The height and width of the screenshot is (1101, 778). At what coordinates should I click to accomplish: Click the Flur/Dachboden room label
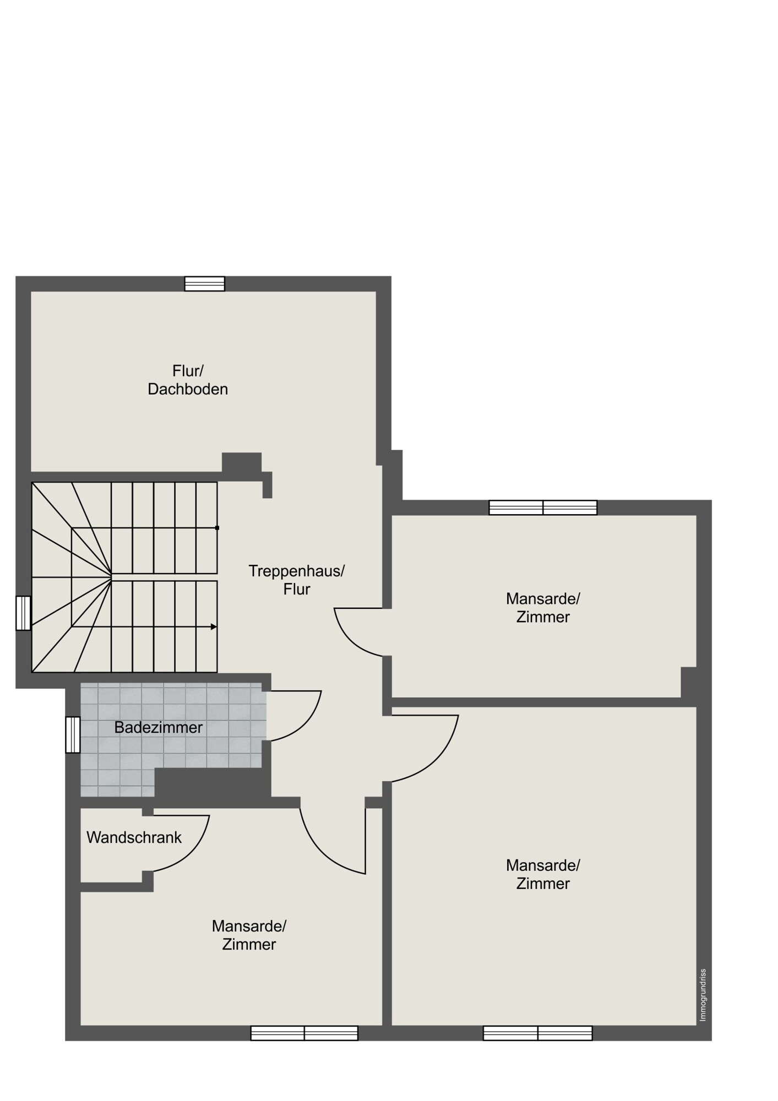pos(188,380)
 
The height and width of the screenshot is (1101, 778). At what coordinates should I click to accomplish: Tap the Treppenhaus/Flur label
pos(297,580)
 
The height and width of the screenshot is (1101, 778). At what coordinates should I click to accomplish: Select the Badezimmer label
pos(159,727)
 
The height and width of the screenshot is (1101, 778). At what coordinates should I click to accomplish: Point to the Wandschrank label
pos(134,837)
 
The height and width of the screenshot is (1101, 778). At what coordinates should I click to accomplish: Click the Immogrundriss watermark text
pos(703,995)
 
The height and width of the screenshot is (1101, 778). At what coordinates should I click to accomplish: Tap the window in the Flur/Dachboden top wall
pos(205,284)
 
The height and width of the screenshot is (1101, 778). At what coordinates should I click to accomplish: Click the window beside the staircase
pos(23,613)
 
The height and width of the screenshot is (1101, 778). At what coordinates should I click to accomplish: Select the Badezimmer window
pos(73,734)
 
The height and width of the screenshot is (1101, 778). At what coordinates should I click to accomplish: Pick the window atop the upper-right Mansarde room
pos(543,508)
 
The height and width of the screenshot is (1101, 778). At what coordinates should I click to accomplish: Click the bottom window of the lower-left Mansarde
pos(304,1033)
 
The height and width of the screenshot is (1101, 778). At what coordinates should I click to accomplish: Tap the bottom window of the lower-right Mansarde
pos(538,1033)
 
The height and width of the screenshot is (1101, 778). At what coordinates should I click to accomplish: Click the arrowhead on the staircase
pos(214,626)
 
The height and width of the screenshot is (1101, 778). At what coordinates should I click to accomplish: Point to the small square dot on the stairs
pos(217,528)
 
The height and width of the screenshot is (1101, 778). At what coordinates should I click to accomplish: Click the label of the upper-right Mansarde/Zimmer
pos(543,607)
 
